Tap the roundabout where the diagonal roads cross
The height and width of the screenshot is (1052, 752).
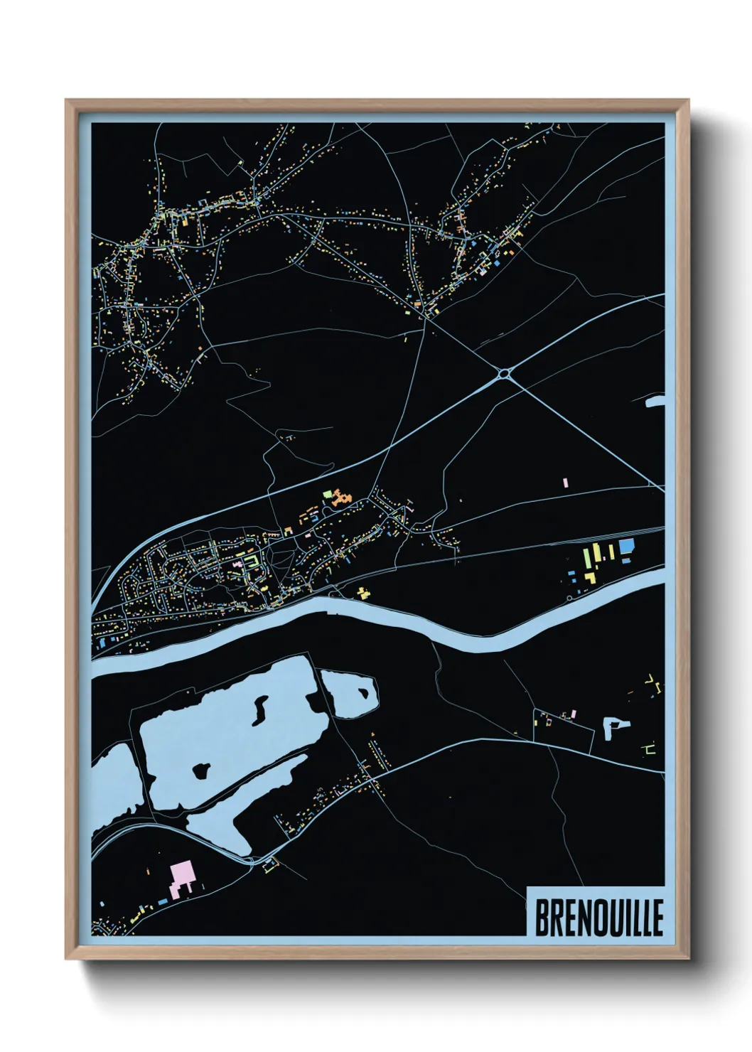pos(505,372)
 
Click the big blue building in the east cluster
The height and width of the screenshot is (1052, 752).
pos(626,546)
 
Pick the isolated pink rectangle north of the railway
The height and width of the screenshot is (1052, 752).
pos(566,483)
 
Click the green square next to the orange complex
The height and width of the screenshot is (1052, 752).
pos(327,493)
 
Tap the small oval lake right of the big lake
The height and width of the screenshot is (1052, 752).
pos(348,692)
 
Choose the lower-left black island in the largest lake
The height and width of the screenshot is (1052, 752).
pos(201,769)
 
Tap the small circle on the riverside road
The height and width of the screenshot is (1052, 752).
pos(569,599)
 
